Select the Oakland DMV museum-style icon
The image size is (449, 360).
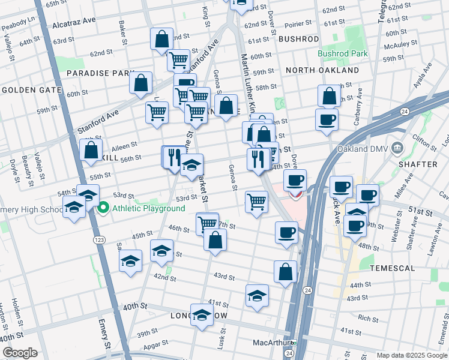tap(397, 148)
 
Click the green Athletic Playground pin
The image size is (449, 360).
tap(103, 208)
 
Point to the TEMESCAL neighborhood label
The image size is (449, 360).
tap(391, 267)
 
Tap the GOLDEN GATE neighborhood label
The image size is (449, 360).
tap(31, 90)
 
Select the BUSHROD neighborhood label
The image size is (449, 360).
tap(298, 39)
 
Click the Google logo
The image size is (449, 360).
tap(20, 353)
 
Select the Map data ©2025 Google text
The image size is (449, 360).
tap(412, 355)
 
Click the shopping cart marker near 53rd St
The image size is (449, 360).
tap(256, 202)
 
